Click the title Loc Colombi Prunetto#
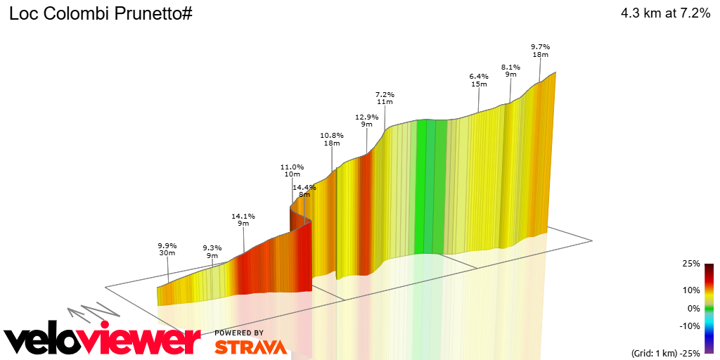101,13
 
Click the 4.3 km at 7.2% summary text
665,13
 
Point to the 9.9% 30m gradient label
167,250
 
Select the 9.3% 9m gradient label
212,252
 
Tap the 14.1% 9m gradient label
243,219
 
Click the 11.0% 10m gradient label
292,170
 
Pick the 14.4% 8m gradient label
304,191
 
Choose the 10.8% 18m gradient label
332,139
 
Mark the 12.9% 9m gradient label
366,120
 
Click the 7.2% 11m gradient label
385,98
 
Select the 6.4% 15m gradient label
479,79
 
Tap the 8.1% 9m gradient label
510,70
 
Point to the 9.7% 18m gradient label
540,50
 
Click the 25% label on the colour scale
691,264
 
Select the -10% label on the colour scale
690,326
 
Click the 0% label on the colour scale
693,308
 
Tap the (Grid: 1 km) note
656,352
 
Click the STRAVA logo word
250,347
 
